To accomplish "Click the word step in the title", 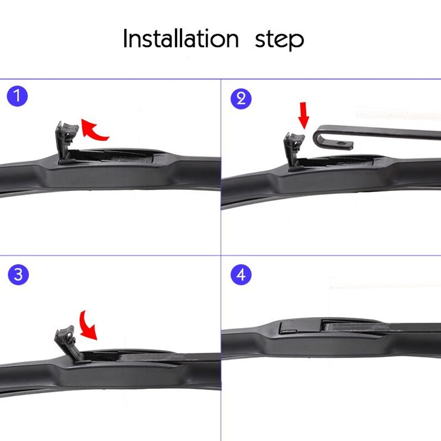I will click(279, 40).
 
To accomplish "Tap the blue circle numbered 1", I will click(18, 96).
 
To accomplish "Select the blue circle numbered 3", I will click(18, 274).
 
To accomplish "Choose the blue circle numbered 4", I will click(241, 274).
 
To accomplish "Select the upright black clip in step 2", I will click(293, 149).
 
